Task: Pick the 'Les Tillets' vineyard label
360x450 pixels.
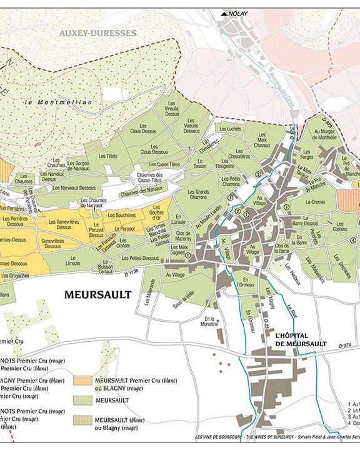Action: (107, 156)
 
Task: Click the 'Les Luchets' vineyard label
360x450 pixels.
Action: (229, 129)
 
